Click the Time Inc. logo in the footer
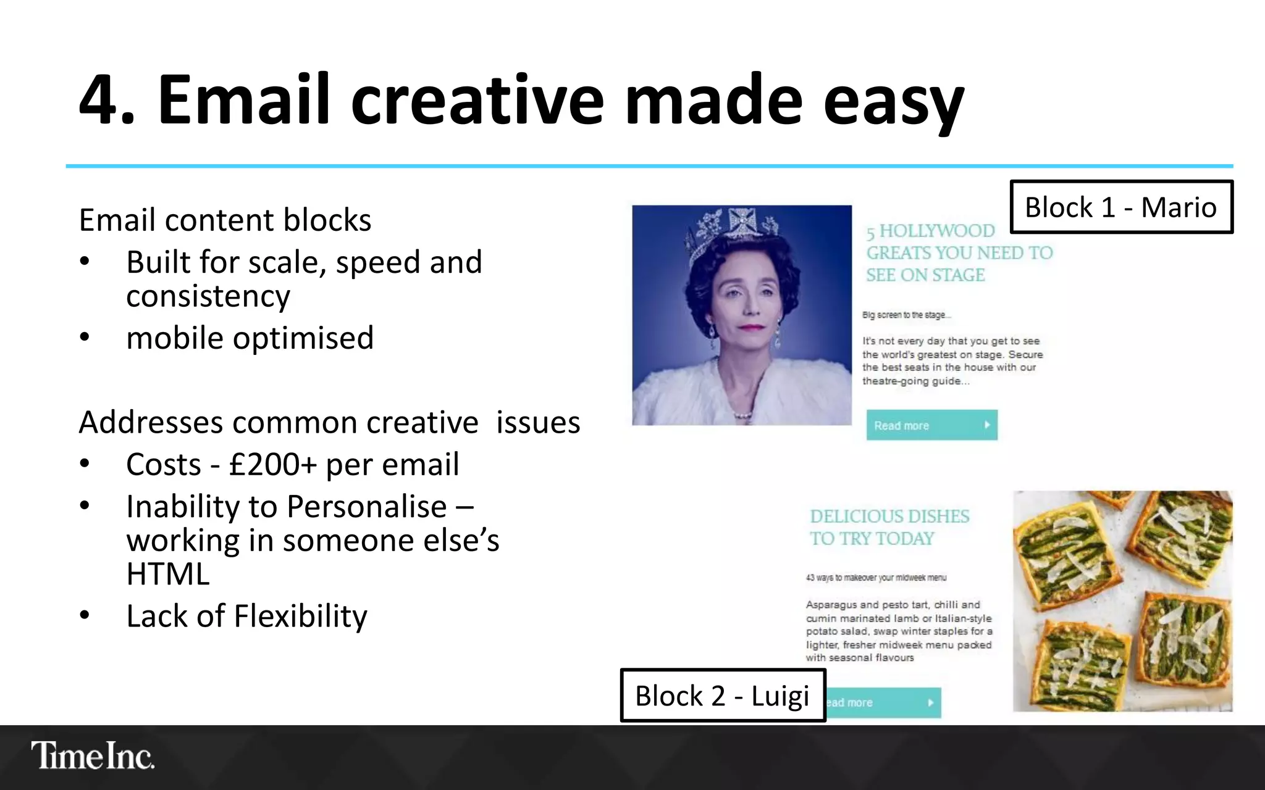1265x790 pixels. [x=93, y=755]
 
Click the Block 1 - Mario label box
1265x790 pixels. [x=1120, y=207]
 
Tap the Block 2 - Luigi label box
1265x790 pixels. [x=722, y=696]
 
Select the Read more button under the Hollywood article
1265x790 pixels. [x=931, y=425]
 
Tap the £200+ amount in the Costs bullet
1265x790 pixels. [x=272, y=464]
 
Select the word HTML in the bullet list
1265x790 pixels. [x=168, y=574]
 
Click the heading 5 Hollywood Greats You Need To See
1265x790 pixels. [x=959, y=253]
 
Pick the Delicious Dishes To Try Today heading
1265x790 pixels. [x=889, y=527]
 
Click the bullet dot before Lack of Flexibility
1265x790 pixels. [x=85, y=615]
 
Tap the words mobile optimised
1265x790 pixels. [x=250, y=338]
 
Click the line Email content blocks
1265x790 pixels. [x=225, y=220]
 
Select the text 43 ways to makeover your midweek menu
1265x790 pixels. [x=875, y=578]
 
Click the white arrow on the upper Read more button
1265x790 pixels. [x=986, y=425]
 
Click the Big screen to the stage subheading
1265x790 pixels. [x=906, y=315]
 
